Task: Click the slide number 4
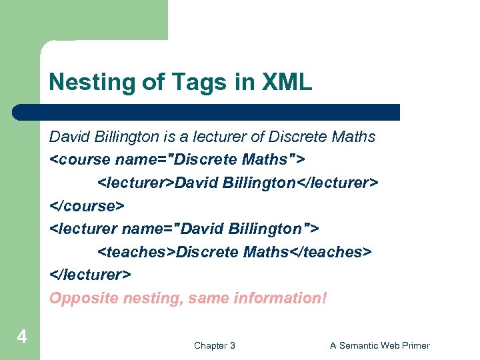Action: [21, 337]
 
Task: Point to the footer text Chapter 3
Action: [214, 345]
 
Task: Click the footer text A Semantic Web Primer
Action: [380, 345]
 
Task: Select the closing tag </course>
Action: [87, 205]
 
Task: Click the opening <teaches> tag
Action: [137, 251]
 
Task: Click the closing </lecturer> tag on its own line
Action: [90, 274]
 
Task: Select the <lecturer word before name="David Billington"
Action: [83, 229]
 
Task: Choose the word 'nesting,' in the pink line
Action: [155, 298]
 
